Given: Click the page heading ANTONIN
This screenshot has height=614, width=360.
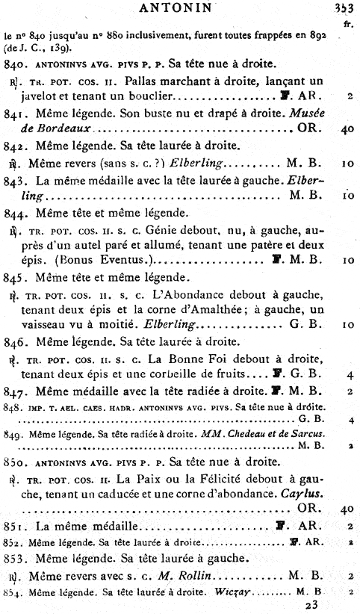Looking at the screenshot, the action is [x=180, y=9].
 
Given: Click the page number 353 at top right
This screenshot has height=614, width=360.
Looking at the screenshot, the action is [x=344, y=9].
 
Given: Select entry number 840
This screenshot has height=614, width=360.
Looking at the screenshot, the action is [x=15, y=64].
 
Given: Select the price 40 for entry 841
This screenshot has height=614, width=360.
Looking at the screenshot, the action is [x=345, y=129].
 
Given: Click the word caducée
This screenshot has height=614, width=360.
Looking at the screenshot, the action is [x=117, y=494].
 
